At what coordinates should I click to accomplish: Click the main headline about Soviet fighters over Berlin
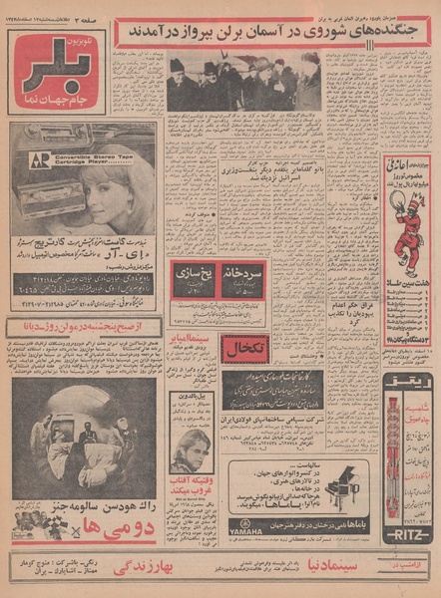pos(271,32)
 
